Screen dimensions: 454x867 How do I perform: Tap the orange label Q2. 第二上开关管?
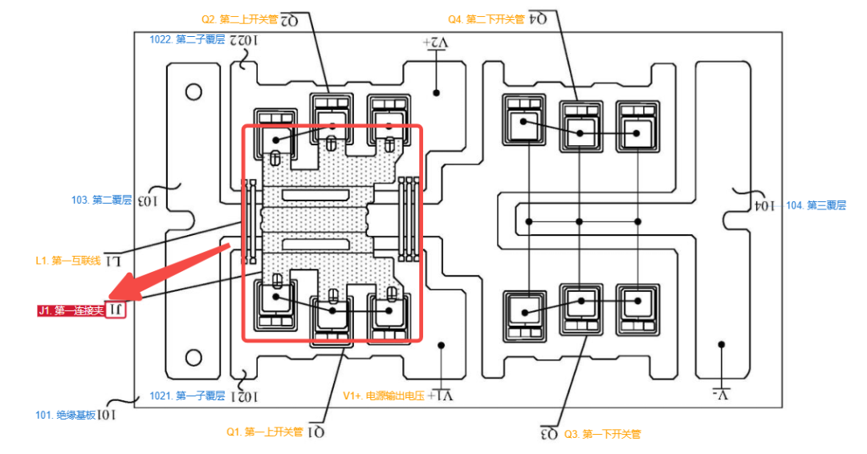tap(238, 18)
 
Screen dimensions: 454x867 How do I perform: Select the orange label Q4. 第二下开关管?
tap(486, 18)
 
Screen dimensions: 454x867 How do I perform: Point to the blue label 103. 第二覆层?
tap(101, 200)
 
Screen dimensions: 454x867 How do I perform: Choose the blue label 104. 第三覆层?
tap(816, 205)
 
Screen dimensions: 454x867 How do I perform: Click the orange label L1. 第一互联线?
tap(68, 261)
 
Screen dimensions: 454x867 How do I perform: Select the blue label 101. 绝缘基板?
tap(66, 415)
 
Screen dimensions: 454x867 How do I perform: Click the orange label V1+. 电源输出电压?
tap(385, 395)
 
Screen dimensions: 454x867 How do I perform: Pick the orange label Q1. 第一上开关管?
tap(264, 432)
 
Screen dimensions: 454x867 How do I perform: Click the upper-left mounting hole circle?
tap(193, 91)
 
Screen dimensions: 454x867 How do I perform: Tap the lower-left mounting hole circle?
tap(193, 358)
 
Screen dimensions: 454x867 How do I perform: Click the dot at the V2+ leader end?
tap(437, 93)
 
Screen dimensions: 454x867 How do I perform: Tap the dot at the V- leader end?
tap(722, 345)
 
